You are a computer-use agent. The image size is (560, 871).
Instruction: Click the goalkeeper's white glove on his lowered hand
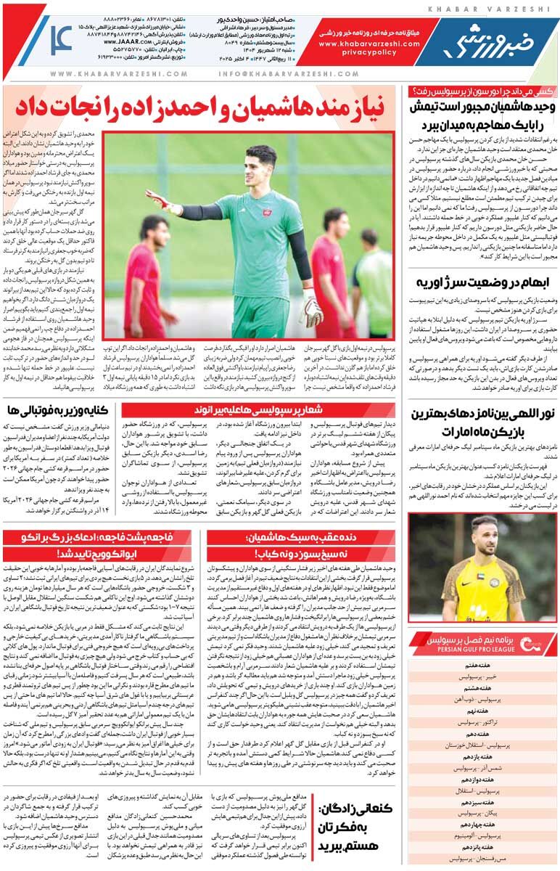click(313, 310)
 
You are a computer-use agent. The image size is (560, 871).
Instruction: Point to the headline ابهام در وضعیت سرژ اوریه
click(482, 282)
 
